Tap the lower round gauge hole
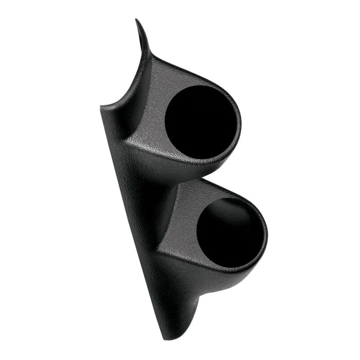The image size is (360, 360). (229, 232)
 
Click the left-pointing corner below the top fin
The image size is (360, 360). (101, 109)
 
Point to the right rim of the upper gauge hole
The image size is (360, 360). (238, 123)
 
